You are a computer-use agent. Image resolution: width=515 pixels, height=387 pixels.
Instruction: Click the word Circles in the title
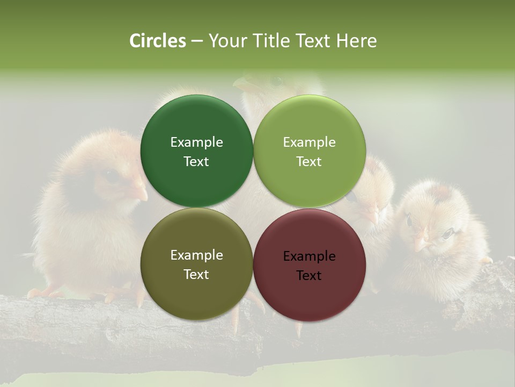tap(158, 41)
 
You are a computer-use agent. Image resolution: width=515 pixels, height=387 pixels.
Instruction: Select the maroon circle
tap(310, 290)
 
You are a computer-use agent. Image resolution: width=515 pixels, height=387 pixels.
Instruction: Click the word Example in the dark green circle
tap(196, 142)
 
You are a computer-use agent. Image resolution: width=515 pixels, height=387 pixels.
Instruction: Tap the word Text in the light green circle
tap(309, 162)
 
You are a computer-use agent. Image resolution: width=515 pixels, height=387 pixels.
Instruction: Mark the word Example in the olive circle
tap(196, 255)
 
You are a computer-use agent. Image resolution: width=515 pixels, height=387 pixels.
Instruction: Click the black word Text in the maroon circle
tap(309, 276)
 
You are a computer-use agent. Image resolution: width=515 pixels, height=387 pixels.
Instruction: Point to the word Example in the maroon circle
tap(309, 256)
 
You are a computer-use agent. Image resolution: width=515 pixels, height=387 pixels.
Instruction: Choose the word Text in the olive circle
tap(196, 275)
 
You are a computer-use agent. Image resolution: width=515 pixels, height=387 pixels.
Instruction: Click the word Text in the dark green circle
tap(196, 162)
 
